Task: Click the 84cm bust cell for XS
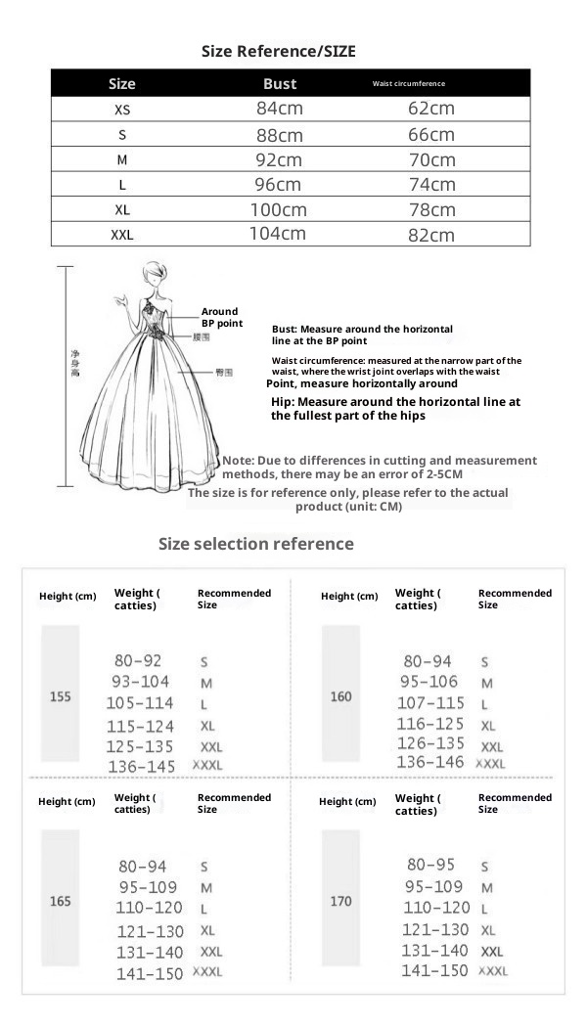279,109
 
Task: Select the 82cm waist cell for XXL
430,235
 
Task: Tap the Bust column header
280,83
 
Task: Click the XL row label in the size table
122,209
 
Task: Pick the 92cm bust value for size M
279,159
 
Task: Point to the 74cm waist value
430,185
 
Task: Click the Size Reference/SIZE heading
278,51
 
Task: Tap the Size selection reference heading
256,544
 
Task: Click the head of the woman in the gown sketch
154,273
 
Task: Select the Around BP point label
220,317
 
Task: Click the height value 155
60,697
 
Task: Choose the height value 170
340,901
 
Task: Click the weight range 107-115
430,703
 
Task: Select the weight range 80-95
430,865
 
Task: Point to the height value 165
61,901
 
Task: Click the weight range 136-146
430,762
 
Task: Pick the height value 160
340,697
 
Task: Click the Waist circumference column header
409,84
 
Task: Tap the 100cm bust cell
279,209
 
